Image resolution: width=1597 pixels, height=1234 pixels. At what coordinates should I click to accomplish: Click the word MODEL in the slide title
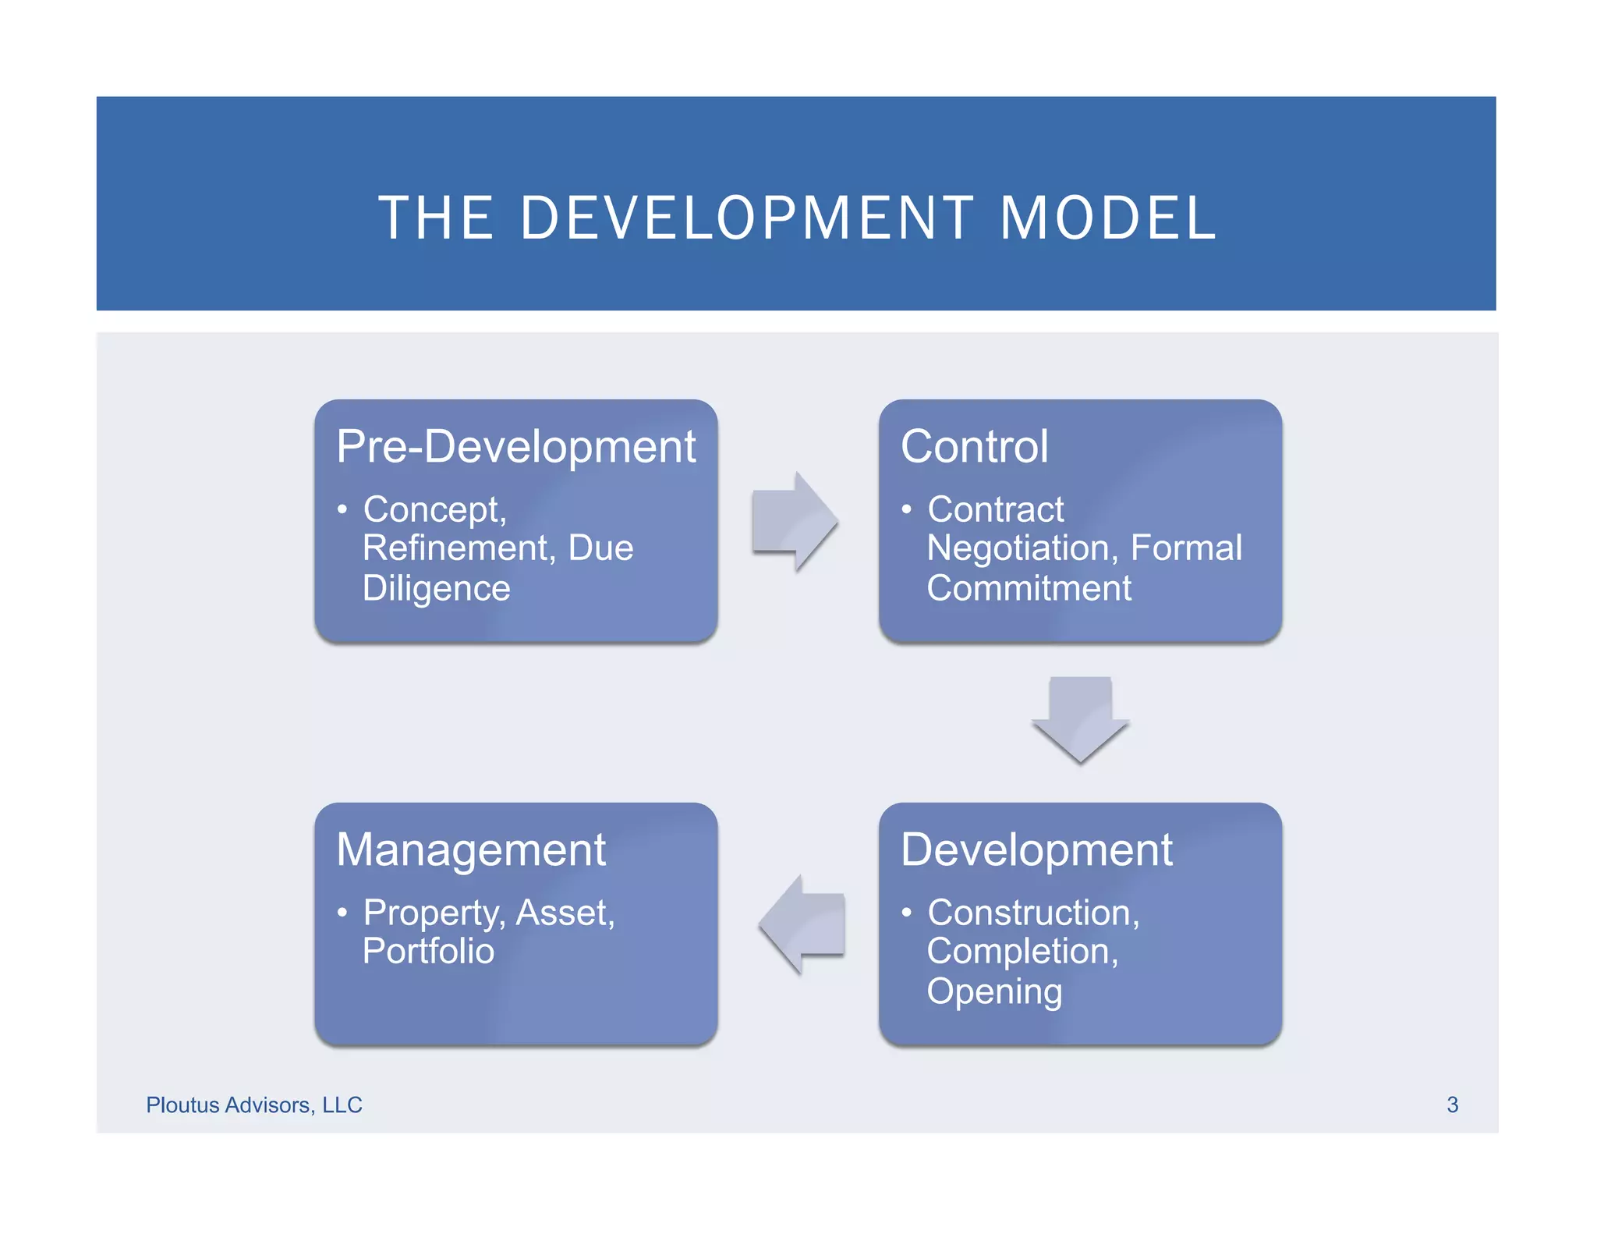[x=1107, y=218]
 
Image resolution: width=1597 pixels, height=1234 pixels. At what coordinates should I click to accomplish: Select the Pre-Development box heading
[x=515, y=447]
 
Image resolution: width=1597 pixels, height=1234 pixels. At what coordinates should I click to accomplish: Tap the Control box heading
[x=974, y=447]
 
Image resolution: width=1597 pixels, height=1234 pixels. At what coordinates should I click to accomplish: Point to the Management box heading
[x=471, y=849]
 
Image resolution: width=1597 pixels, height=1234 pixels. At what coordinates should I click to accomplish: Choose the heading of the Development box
[x=1036, y=849]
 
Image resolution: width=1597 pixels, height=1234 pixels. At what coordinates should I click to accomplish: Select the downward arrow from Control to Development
[x=1080, y=718]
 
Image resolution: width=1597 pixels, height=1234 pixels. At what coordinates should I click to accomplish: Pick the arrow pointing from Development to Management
[x=802, y=924]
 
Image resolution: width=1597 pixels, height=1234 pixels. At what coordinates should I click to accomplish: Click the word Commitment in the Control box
[x=1029, y=588]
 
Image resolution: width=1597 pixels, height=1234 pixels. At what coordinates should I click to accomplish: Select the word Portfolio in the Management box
[x=428, y=952]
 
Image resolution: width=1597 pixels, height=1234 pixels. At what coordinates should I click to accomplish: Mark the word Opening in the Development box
[x=994, y=991]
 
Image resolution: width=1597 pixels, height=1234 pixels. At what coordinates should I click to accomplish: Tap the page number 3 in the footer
[x=1452, y=1105]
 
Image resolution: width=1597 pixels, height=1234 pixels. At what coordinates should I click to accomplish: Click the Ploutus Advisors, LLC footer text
[x=254, y=1105]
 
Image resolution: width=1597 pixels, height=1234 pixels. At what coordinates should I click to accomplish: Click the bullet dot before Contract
[x=906, y=509]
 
